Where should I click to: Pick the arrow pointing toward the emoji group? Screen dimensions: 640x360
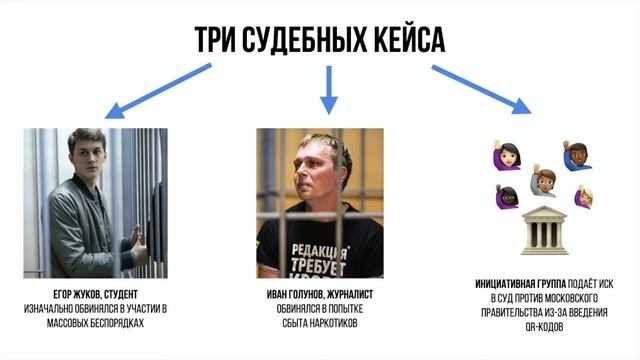click(x=480, y=91)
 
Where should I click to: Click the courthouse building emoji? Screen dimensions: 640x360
click(x=543, y=228)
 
